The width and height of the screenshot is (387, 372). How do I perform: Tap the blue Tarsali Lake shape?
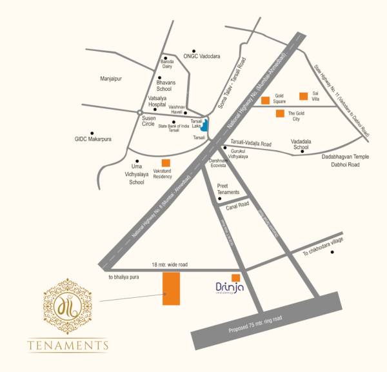204,124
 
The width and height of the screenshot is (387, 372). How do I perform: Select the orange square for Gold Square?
265,100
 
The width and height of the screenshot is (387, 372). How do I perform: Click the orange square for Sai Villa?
303,96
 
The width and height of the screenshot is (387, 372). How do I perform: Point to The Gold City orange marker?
279,114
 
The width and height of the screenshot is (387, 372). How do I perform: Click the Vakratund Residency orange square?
166,163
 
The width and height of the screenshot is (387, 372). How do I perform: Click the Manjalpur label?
111,78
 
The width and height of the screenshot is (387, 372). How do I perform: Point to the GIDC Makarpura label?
97,139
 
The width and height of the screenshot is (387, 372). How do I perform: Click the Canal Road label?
237,205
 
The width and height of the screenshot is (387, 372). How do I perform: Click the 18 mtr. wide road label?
169,264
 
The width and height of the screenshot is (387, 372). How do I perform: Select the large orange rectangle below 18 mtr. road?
171,288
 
